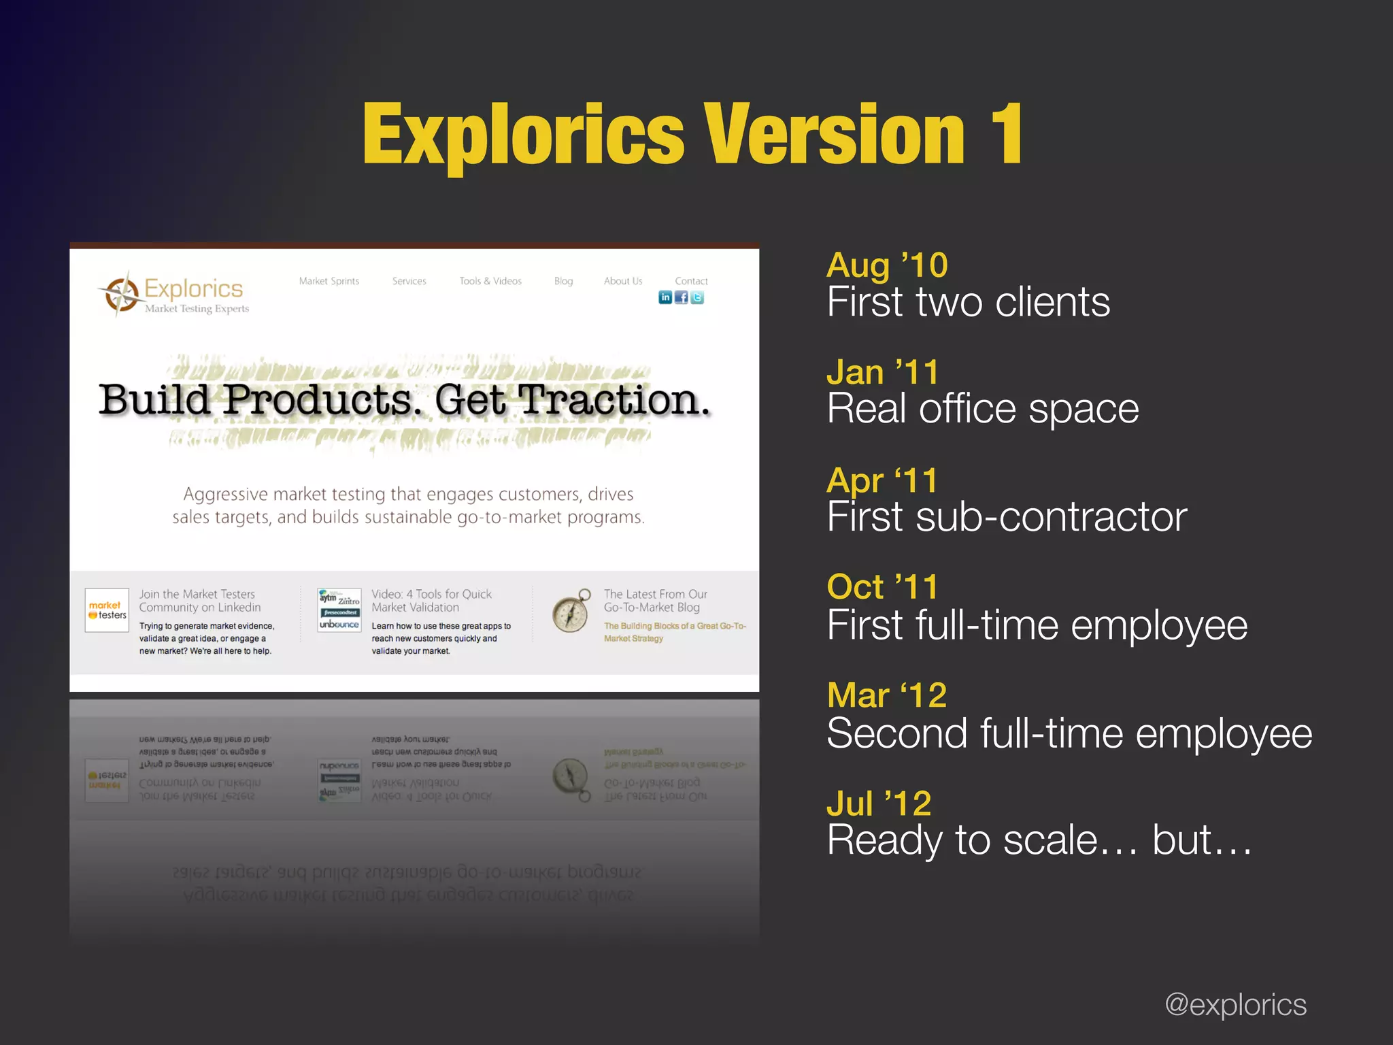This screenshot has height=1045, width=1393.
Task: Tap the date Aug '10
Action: (x=887, y=265)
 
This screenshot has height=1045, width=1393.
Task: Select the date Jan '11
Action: (x=883, y=373)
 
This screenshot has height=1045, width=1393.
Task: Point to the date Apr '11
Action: (x=882, y=480)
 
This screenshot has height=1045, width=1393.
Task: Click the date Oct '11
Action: (x=883, y=587)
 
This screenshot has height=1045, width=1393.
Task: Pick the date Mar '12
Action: (x=887, y=695)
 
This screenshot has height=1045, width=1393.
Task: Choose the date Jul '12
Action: (x=879, y=803)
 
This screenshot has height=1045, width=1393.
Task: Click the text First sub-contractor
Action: (x=1007, y=517)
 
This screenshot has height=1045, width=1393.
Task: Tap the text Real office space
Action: (x=983, y=409)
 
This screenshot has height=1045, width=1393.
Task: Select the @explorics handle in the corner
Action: (x=1235, y=1005)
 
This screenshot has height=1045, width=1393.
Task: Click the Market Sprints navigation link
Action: (x=329, y=281)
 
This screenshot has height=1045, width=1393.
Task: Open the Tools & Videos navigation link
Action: (x=490, y=281)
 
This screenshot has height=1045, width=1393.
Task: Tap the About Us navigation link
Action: (x=623, y=281)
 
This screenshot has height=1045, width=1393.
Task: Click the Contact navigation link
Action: (x=691, y=281)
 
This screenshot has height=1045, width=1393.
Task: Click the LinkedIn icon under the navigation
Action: (x=665, y=297)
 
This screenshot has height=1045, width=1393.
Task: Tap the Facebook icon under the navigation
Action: (x=681, y=297)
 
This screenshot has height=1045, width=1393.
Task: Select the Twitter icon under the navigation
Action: (x=697, y=297)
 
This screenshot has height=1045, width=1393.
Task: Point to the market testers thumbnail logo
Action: (x=107, y=610)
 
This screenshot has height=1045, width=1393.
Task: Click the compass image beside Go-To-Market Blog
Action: (x=571, y=611)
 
